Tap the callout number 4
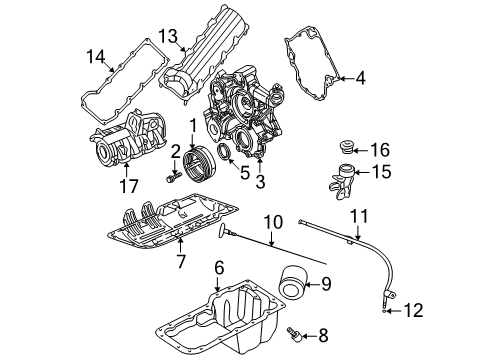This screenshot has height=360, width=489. (361, 77)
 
